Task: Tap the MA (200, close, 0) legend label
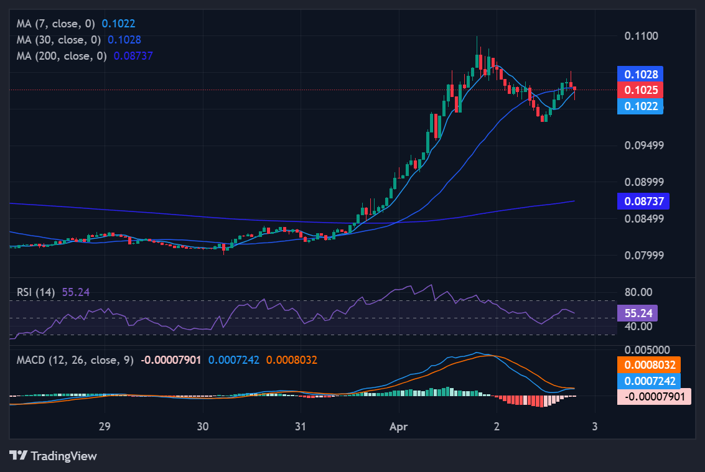62,55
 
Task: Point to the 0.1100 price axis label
641,36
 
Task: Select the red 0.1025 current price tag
641,90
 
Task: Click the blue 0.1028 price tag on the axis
641,74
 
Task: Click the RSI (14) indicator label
36,292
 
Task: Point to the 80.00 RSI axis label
638,292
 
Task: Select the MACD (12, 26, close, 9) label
75,359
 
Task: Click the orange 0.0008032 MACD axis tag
648,365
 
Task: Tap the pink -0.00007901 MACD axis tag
653,396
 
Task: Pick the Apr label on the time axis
399,427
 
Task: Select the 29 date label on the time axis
105,427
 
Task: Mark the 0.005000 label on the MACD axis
647,350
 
